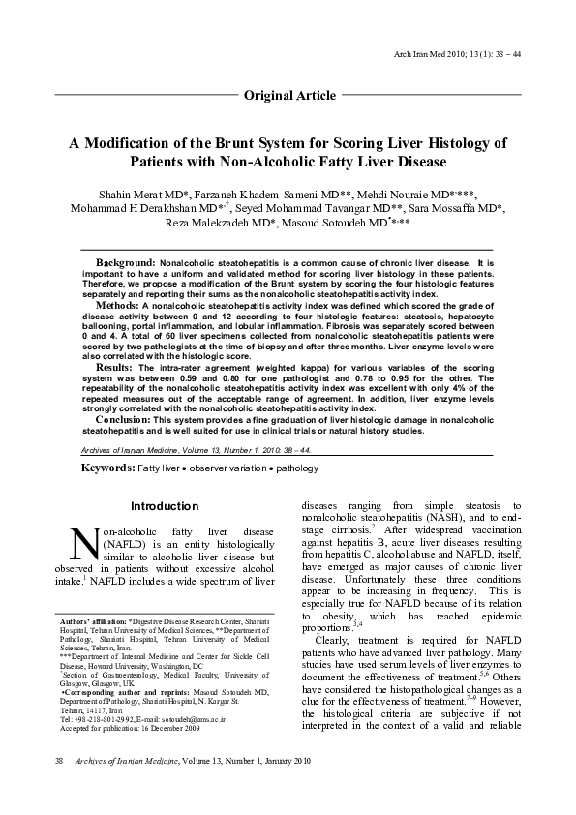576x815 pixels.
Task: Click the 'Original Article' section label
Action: tap(289, 95)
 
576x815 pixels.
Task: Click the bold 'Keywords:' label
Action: tap(107, 468)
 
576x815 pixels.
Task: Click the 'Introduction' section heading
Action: tap(165, 506)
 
